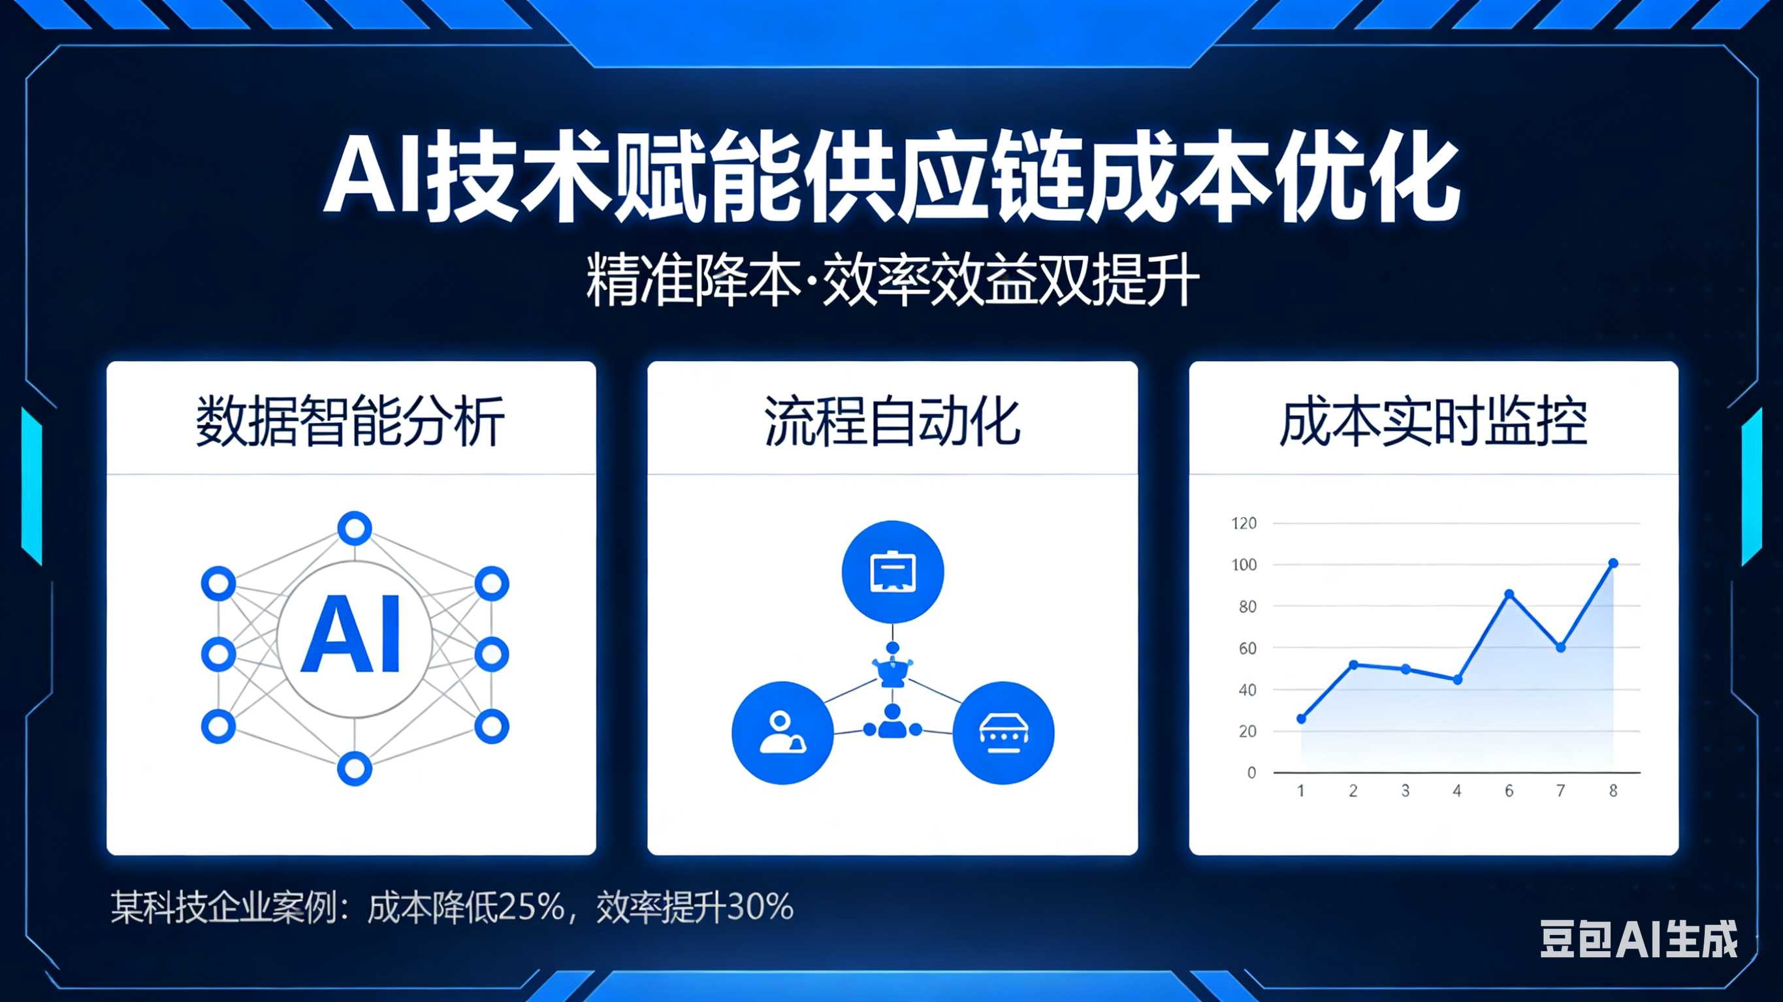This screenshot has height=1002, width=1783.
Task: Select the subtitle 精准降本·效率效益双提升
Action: (892, 280)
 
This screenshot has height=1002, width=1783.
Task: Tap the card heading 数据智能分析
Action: (350, 422)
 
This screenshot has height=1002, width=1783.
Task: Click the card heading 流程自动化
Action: (892, 422)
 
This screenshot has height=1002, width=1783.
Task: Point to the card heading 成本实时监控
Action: (1434, 422)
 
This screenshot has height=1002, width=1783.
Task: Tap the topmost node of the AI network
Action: (355, 529)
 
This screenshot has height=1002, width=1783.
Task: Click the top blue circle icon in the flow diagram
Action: (893, 572)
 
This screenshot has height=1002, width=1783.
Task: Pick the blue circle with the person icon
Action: (783, 733)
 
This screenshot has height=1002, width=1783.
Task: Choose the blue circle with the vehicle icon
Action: (1004, 733)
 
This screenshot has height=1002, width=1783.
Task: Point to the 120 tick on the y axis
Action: (1244, 523)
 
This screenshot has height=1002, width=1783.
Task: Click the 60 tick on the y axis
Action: (1247, 648)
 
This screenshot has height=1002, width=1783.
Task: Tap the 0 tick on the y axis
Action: (1251, 773)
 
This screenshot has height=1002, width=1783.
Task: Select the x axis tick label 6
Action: (1509, 791)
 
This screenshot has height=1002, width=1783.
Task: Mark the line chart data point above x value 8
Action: (1613, 563)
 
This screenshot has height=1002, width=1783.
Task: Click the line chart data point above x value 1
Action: (1301, 719)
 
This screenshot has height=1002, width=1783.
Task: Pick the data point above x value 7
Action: (1561, 648)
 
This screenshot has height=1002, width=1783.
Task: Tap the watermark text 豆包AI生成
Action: (1639, 939)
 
